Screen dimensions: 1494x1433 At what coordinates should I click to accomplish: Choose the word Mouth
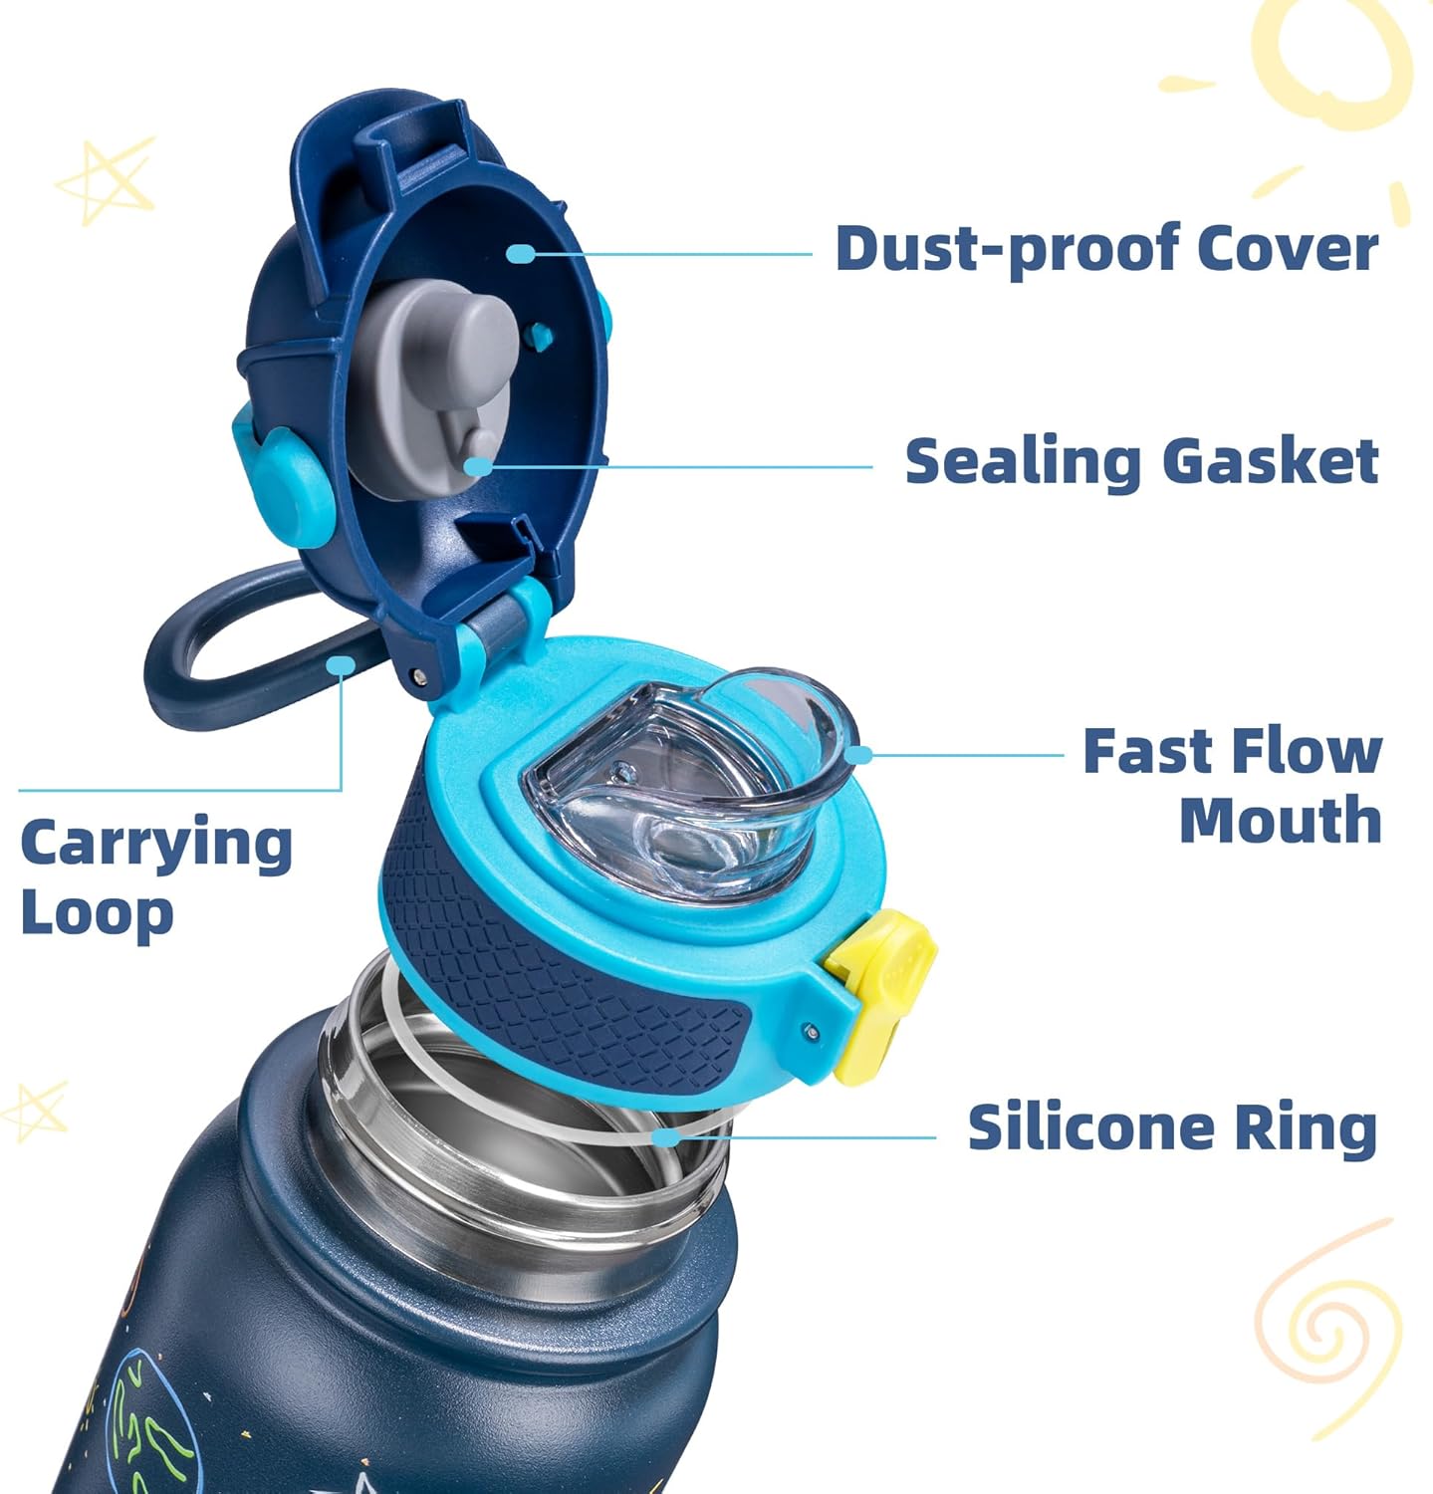tap(1281, 821)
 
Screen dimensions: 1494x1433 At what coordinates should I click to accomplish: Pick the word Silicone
tap(1089, 1128)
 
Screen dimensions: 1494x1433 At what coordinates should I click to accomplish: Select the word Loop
tap(97, 913)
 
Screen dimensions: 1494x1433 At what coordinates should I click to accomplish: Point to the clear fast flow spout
tap(697, 777)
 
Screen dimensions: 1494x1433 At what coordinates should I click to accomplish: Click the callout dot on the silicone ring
tap(665, 1136)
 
